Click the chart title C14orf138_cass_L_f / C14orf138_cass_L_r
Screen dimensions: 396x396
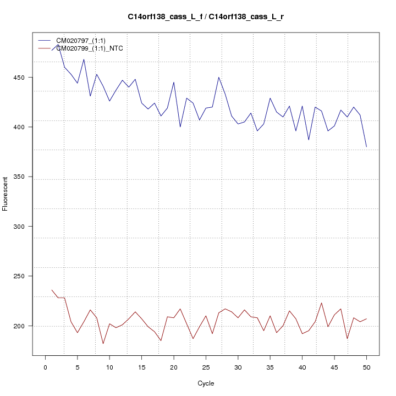[206, 17]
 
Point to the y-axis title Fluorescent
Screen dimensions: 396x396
[5, 194]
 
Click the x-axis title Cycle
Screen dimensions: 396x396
[205, 383]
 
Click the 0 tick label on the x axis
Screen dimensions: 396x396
[45, 367]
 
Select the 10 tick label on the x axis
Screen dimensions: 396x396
[109, 367]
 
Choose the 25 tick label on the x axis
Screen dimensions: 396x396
[206, 367]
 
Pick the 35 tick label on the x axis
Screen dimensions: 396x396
[270, 367]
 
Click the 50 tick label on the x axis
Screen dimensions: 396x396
[366, 367]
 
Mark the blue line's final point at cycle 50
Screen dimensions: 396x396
[366, 147]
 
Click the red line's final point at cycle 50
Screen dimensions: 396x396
[366, 319]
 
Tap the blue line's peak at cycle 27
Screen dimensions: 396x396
[218, 78]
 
